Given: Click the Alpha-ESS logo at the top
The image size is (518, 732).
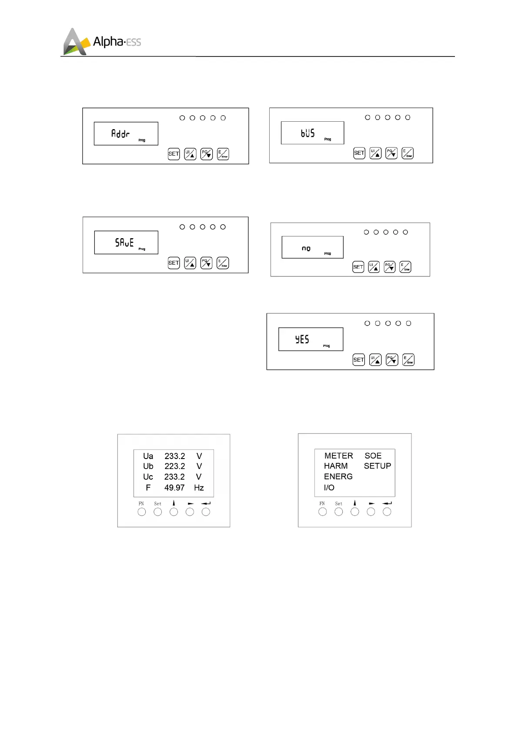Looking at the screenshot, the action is [x=102, y=42].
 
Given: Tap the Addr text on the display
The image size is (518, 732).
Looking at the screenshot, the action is [x=120, y=133].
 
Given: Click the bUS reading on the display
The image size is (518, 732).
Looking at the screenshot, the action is [x=307, y=133].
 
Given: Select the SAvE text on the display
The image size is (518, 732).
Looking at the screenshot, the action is [x=124, y=242].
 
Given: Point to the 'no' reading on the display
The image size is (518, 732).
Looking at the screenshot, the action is [x=306, y=248].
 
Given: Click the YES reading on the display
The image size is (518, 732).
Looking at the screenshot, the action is [x=302, y=339].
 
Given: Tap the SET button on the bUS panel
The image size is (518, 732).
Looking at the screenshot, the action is [x=359, y=153].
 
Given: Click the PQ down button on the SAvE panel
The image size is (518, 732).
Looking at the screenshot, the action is [x=206, y=263].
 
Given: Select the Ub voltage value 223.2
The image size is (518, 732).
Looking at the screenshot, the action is [x=174, y=466].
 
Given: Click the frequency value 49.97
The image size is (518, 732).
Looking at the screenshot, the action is [x=174, y=488].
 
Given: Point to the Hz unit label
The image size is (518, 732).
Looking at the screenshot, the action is [x=199, y=488].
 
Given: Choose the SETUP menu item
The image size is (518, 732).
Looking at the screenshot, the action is [x=377, y=466].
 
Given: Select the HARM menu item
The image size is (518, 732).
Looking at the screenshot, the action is [x=336, y=466].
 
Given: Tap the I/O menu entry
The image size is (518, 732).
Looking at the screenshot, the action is [x=329, y=488].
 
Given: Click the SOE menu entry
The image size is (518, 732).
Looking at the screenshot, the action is [x=373, y=456].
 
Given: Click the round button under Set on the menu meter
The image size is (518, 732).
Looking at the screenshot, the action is [x=338, y=512].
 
